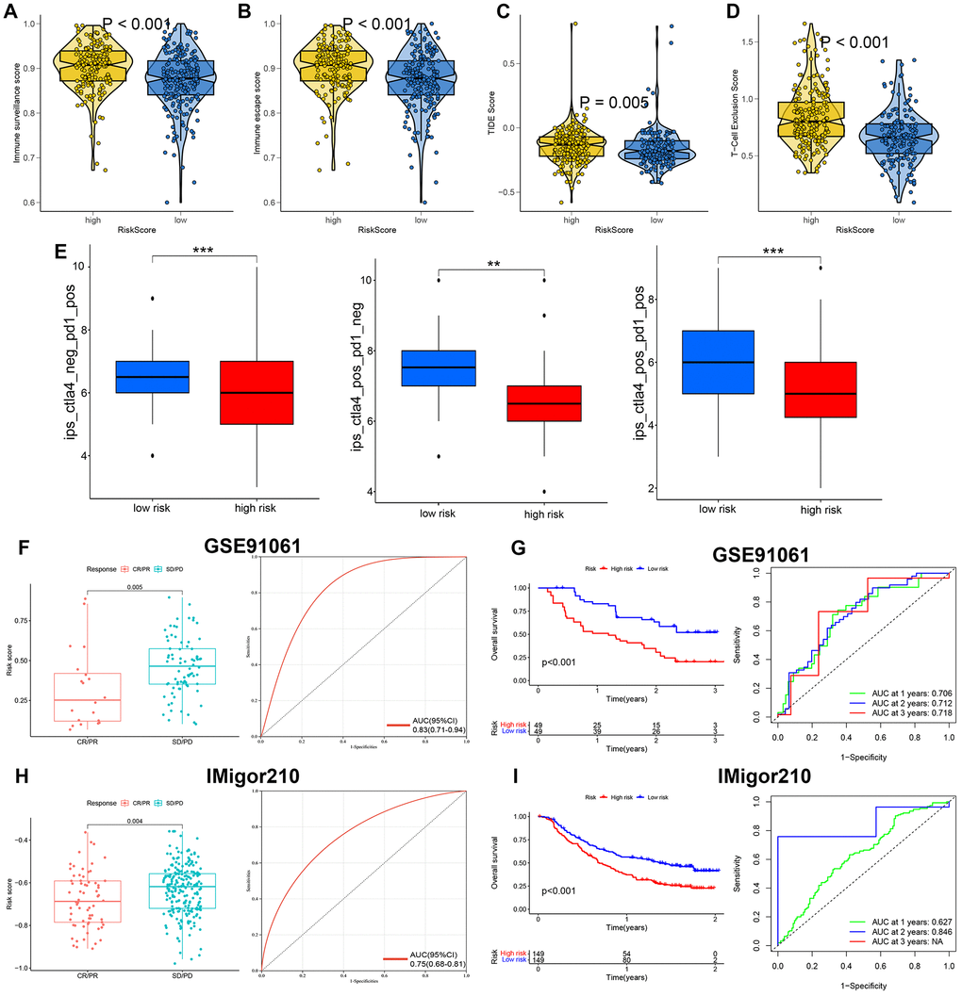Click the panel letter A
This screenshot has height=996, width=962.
pos(12,11)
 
